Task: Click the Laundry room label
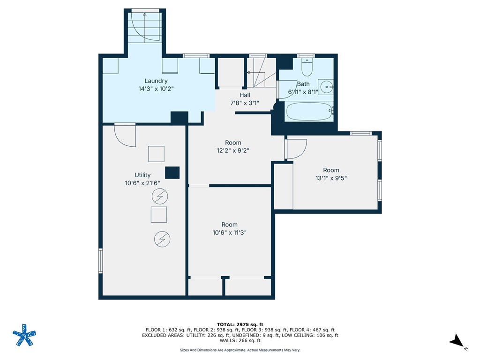tap(156, 81)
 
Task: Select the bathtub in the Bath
tap(308, 112)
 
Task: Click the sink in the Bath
tap(327, 86)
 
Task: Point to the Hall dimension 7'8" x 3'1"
tap(245, 103)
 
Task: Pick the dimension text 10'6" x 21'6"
tap(142, 183)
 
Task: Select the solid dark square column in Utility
tap(172, 172)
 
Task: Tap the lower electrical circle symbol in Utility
tap(162, 240)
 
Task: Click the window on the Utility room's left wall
tap(100, 261)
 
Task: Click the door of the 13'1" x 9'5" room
tap(296, 149)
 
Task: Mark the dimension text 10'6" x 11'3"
tap(230, 232)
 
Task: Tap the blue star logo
tap(23, 335)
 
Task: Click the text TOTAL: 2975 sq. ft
tap(240, 324)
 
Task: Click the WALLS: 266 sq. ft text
tap(240, 341)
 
